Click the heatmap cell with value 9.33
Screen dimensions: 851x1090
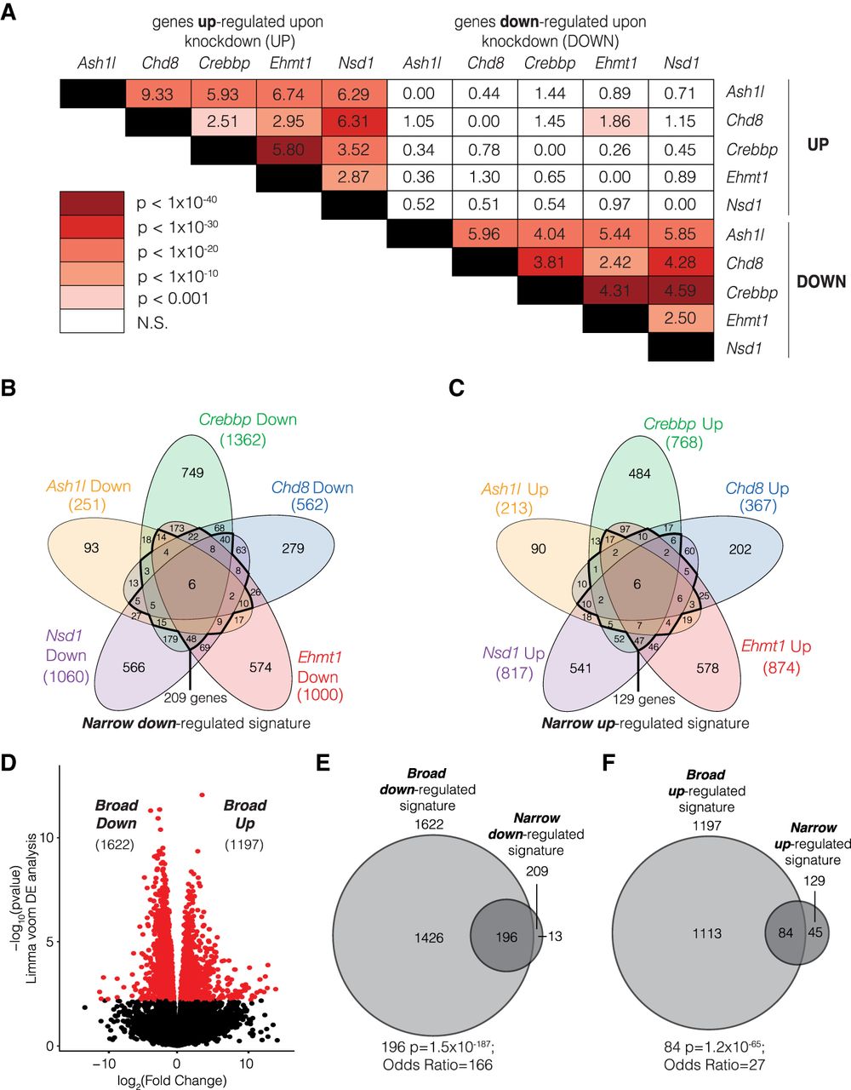point(158,94)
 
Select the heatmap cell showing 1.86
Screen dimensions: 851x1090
point(615,122)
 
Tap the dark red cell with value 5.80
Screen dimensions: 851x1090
point(288,150)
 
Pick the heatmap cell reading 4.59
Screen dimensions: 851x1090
point(681,290)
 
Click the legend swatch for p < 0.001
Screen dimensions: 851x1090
point(92,297)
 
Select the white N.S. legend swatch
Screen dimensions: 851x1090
point(92,321)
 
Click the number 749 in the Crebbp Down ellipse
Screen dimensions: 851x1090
point(192,473)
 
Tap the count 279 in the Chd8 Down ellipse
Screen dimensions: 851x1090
point(293,548)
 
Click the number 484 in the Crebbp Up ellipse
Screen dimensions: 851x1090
point(639,473)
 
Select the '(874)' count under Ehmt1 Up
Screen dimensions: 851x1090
point(781,668)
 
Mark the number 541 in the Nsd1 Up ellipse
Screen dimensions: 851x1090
point(580,668)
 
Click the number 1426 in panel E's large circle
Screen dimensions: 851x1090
point(429,938)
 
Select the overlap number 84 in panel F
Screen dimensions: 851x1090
point(785,933)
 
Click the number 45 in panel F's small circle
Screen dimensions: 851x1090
point(815,933)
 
